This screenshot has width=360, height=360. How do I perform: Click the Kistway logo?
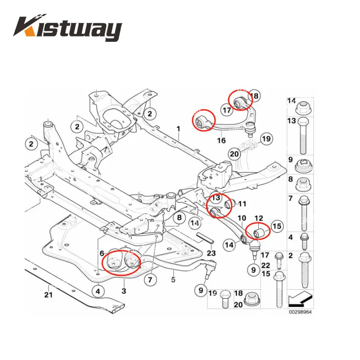pos(67,29)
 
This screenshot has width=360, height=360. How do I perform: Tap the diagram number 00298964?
pos(300,311)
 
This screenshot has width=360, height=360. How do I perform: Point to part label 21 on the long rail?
pos(48,295)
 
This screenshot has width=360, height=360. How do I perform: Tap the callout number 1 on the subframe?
pos(178,129)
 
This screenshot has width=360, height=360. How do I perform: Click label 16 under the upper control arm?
pos(221,140)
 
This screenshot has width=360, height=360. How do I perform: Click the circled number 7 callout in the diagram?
pos(151,279)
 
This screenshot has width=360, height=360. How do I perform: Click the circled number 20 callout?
pos(234,154)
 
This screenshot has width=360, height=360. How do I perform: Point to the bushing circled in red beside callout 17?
pos(238,100)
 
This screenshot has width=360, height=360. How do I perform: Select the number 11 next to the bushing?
pos(242,204)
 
